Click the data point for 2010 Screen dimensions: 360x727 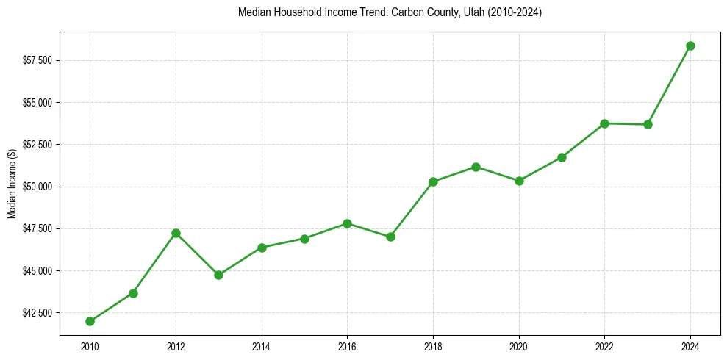[x=90, y=321]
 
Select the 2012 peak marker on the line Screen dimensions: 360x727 [x=176, y=233]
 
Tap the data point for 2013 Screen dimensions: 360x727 [x=218, y=275]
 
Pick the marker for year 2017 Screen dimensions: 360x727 [x=390, y=237]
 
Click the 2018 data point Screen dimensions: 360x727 [x=433, y=181]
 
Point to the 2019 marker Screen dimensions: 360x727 [x=476, y=167]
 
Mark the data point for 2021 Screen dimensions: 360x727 [x=562, y=157]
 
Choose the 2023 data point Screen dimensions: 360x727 [x=648, y=124]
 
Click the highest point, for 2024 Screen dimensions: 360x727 [x=690, y=46]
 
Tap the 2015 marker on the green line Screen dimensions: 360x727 [x=304, y=239]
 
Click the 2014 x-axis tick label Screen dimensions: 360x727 [x=262, y=346]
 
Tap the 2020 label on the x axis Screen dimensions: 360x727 [x=519, y=346]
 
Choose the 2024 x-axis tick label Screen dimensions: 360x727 [x=690, y=346]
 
